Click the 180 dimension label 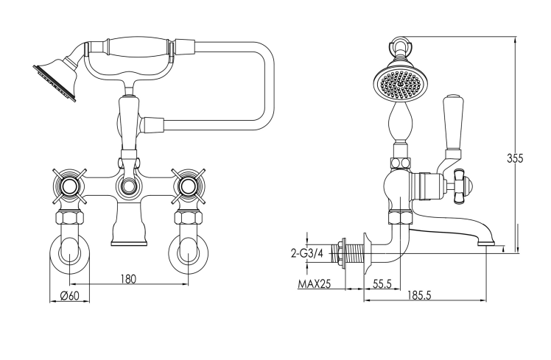pyautogui.click(x=128, y=279)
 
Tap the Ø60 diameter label pyautogui.click(x=69, y=296)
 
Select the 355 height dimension pyautogui.click(x=515, y=158)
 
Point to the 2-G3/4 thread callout pyautogui.click(x=307, y=253)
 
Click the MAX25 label pyautogui.click(x=315, y=283)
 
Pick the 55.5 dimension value pyautogui.click(x=382, y=283)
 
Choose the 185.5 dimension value pyautogui.click(x=419, y=295)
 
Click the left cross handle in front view pyautogui.click(x=69, y=186)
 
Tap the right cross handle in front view pyautogui.click(x=189, y=186)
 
